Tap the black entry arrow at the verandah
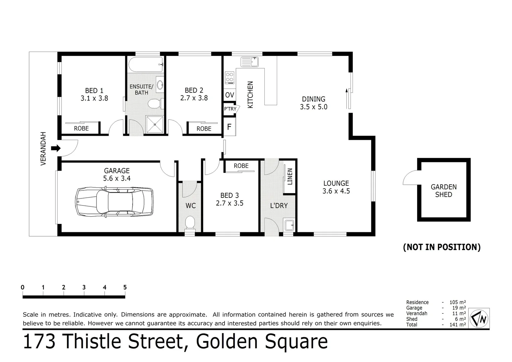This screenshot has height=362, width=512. (x=56, y=148)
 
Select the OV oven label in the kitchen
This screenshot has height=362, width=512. (x=230, y=95)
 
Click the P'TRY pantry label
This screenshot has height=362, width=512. (x=230, y=109)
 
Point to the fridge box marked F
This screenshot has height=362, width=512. (x=230, y=127)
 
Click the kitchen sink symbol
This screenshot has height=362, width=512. (x=250, y=62)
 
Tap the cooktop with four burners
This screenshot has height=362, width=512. (x=230, y=77)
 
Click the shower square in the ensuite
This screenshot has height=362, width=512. (x=155, y=124)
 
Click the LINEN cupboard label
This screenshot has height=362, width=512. (x=290, y=177)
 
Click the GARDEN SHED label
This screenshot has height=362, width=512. (x=444, y=191)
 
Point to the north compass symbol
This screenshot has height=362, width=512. (x=479, y=318)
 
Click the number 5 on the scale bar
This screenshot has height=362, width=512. (x=125, y=287)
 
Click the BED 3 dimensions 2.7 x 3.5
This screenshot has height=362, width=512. (x=230, y=203)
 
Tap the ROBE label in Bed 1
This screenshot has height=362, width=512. (x=81, y=128)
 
